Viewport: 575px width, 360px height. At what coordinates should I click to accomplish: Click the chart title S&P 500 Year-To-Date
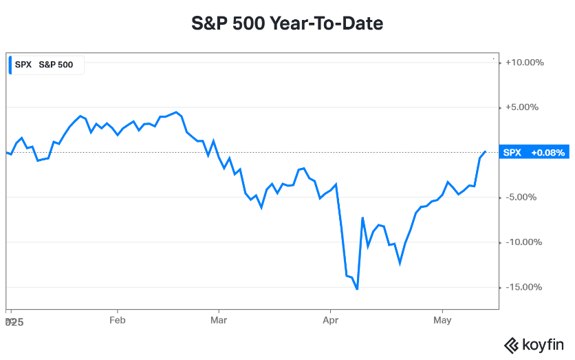[x=287, y=24]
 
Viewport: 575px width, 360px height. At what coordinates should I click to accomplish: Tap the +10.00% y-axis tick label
[x=524, y=63]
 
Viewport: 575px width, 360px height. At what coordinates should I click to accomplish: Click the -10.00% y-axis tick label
[x=525, y=242]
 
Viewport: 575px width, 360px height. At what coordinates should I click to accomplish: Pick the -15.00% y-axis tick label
[x=525, y=287]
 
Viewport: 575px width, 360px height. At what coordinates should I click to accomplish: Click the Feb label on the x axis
[x=118, y=320]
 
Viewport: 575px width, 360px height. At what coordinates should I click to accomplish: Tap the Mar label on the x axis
[x=219, y=320]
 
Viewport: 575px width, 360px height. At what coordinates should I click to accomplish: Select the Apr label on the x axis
[x=331, y=320]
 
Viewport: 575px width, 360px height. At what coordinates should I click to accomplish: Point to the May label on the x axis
[x=443, y=320]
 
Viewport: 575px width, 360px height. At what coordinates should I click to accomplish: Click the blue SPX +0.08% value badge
[x=534, y=153]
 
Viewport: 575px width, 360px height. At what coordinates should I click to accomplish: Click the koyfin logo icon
[x=511, y=345]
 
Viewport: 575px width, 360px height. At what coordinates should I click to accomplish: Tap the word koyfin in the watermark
[x=543, y=345]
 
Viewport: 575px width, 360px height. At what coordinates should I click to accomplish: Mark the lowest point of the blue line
[x=357, y=289]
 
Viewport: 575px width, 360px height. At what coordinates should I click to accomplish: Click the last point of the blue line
[x=486, y=151]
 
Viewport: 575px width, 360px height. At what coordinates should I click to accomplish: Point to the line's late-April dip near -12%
[x=400, y=263]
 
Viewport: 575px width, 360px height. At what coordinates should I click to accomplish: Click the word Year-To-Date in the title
[x=327, y=24]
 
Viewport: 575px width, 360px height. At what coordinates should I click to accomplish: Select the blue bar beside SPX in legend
[x=10, y=65]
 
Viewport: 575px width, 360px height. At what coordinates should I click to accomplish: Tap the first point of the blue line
[x=6, y=152]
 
